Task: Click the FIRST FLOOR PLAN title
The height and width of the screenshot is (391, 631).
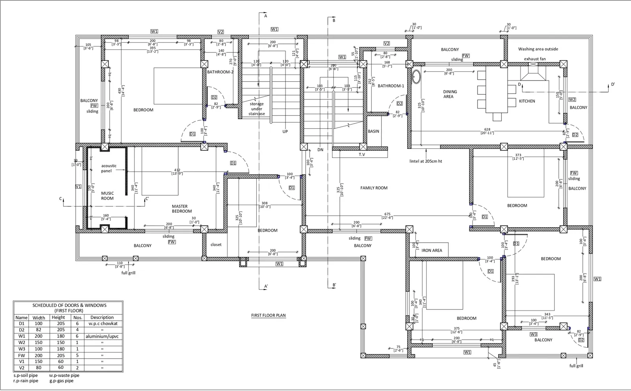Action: [268, 315]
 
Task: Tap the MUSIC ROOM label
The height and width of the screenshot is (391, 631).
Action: [107, 196]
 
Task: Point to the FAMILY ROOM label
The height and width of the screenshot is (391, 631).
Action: [374, 188]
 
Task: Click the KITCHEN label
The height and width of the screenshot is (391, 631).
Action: [527, 101]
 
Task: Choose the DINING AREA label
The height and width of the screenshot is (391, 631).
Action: [450, 94]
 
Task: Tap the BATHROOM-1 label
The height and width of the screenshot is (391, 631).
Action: [391, 86]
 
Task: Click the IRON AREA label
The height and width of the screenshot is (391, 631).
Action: [432, 250]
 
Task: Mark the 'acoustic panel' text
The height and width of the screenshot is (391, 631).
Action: [108, 168]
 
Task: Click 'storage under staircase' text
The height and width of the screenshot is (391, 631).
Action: [257, 109]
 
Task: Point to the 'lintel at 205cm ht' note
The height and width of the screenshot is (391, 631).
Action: [426, 161]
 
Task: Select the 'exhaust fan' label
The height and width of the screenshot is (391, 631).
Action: [535, 59]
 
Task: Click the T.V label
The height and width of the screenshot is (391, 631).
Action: [362, 155]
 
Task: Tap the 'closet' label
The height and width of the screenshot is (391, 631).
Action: [216, 245]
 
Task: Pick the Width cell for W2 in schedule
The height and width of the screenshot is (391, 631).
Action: [39, 342]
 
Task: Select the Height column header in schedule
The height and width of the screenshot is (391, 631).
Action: [58, 317]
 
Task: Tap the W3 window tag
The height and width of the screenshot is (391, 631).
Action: [534, 334]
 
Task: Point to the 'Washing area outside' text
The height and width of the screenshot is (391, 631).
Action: [538, 49]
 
